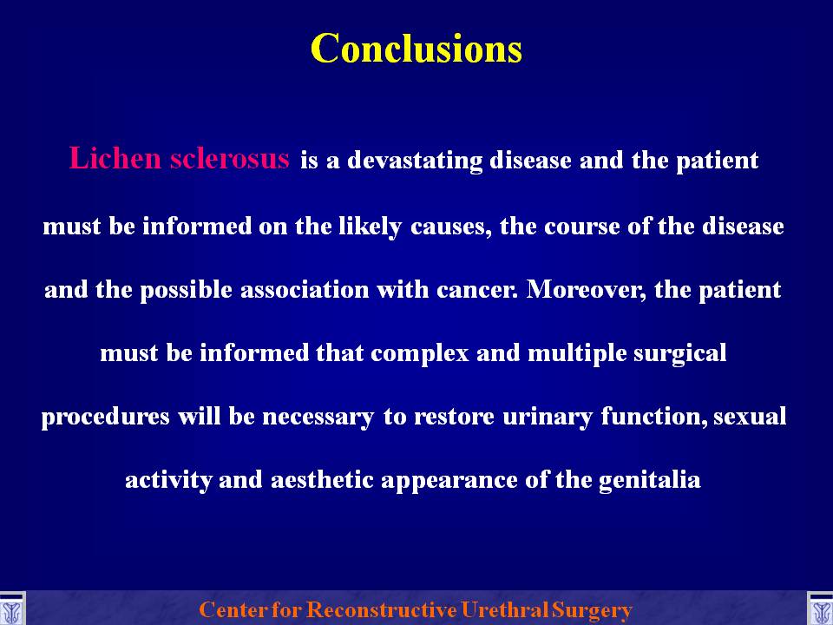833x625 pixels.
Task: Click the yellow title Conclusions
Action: (x=416, y=49)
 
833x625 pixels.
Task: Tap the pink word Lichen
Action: (x=115, y=158)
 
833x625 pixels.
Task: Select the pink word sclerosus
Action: (x=229, y=158)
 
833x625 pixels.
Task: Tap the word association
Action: (x=305, y=290)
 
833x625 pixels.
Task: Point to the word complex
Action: (x=420, y=354)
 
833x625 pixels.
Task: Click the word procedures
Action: (x=106, y=417)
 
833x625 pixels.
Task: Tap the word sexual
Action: (x=750, y=416)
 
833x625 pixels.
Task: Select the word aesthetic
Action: (x=322, y=479)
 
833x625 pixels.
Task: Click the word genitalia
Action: (x=649, y=480)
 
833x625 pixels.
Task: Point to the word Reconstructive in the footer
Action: (x=381, y=609)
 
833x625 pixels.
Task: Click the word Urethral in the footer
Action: (x=504, y=609)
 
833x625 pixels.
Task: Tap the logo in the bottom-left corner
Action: (x=12, y=609)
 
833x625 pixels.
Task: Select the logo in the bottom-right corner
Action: (x=820, y=609)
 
